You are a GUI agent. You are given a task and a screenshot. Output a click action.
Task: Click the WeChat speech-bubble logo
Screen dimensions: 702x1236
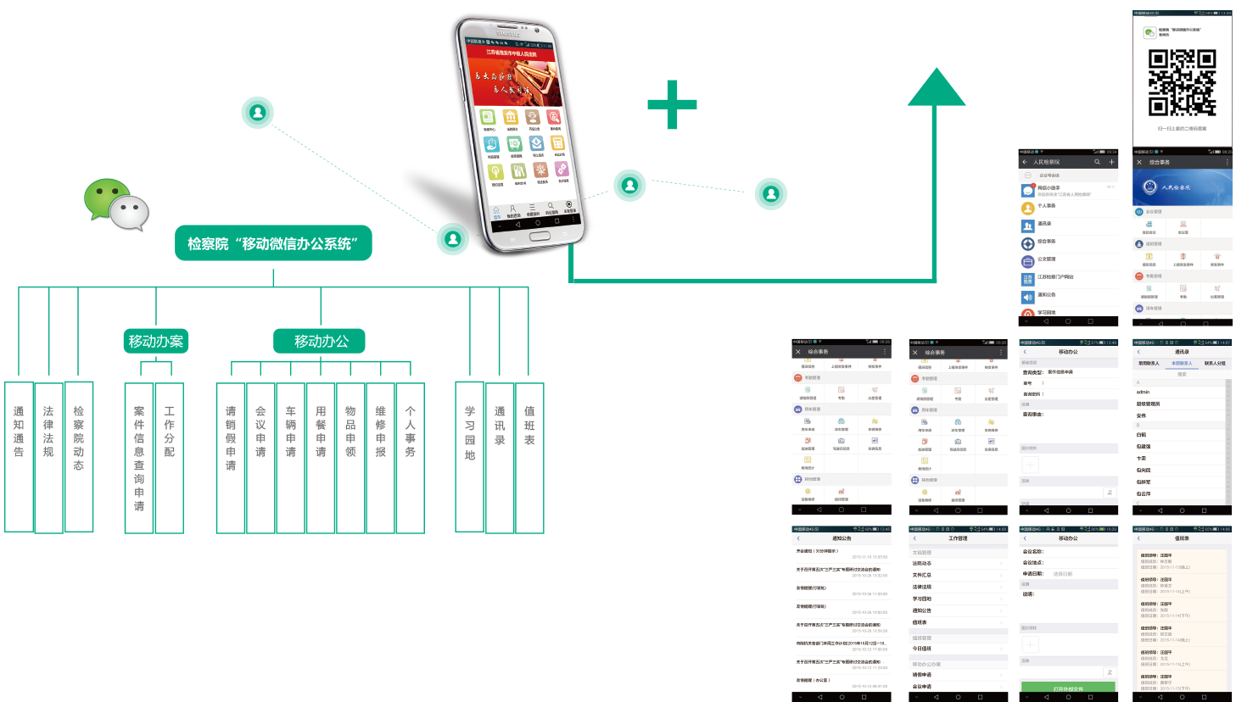(x=116, y=204)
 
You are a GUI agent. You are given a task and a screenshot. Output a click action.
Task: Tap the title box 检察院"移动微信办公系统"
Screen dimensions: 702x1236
(x=273, y=243)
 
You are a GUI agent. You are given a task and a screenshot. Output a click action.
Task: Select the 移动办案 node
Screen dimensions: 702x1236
(x=155, y=341)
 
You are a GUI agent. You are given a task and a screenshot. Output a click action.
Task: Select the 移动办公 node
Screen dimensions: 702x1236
(x=321, y=341)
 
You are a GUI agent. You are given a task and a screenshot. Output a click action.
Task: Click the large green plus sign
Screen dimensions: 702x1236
(x=672, y=104)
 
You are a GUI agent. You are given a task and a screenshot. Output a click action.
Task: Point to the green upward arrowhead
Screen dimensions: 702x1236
(x=936, y=88)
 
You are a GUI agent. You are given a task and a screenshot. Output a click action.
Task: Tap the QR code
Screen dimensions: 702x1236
(x=1182, y=82)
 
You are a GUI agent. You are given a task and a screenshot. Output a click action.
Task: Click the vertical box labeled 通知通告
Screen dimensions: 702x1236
(x=19, y=456)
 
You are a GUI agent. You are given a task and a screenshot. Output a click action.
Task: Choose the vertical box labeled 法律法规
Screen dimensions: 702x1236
(x=48, y=456)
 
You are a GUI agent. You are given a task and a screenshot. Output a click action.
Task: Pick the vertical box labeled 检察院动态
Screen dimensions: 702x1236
(x=79, y=456)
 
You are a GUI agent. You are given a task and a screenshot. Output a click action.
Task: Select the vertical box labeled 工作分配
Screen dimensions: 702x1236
(x=170, y=456)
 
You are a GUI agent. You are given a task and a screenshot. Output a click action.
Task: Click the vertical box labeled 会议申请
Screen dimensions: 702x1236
(x=260, y=456)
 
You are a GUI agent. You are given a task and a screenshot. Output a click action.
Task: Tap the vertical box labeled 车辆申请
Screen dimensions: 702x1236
(x=290, y=456)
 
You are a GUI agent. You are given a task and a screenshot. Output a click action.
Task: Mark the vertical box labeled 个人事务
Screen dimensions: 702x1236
(x=411, y=456)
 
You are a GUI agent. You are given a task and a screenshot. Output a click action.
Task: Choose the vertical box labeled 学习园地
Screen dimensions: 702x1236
(x=469, y=456)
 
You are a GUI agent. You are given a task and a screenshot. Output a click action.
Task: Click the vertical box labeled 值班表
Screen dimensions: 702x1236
(x=529, y=456)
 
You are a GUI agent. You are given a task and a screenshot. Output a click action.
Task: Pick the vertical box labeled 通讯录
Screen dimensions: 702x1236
(x=500, y=456)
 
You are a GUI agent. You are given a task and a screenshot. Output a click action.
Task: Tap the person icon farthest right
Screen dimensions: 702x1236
(x=771, y=193)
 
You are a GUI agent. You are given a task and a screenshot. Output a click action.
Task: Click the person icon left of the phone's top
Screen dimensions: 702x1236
(x=258, y=112)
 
